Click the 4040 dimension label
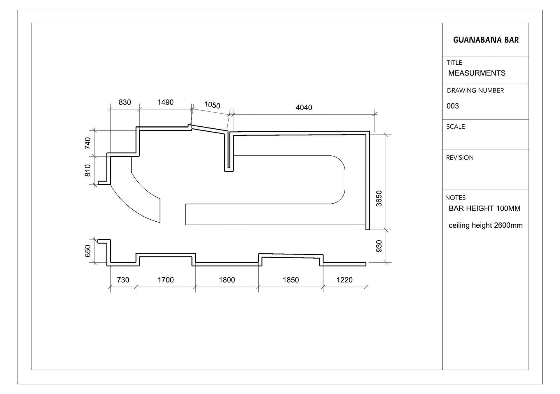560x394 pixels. pyautogui.click(x=304, y=107)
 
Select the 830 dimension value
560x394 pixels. pyautogui.click(x=125, y=102)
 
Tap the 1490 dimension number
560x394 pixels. pyautogui.click(x=165, y=102)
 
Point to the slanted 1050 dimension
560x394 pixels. pyautogui.click(x=212, y=105)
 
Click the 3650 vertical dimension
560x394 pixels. pyautogui.click(x=379, y=199)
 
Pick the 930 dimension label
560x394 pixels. pyautogui.click(x=379, y=246)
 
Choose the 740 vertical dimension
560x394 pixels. pyautogui.click(x=88, y=143)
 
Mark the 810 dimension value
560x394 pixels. pyautogui.click(x=88, y=170)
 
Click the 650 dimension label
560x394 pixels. pyautogui.click(x=88, y=251)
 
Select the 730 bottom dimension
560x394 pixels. pyautogui.click(x=123, y=280)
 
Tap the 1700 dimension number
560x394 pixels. pyautogui.click(x=165, y=280)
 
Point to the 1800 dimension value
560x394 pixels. pyautogui.click(x=227, y=280)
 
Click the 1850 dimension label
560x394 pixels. pyautogui.click(x=290, y=280)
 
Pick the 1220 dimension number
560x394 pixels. pyautogui.click(x=344, y=280)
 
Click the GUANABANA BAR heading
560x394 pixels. pyautogui.click(x=486, y=40)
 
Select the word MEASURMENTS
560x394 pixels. pyautogui.click(x=477, y=73)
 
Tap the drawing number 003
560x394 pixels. pyautogui.click(x=453, y=106)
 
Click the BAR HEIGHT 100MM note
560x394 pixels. pyautogui.click(x=484, y=209)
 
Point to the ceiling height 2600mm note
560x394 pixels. pyautogui.click(x=485, y=225)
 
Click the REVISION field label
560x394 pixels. pyautogui.click(x=460, y=158)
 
